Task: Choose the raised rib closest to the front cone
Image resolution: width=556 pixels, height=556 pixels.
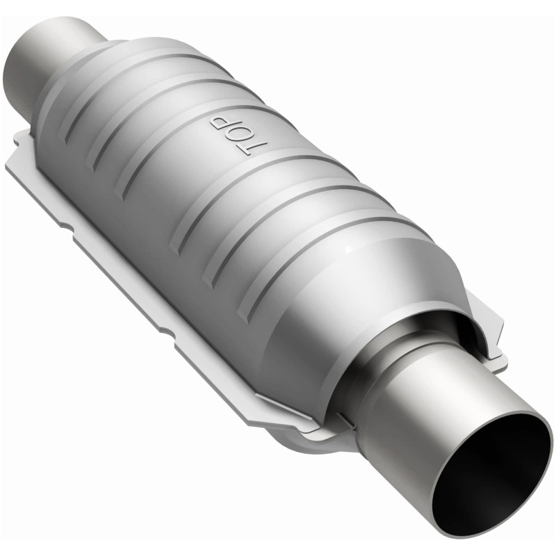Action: [x=327, y=229]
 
